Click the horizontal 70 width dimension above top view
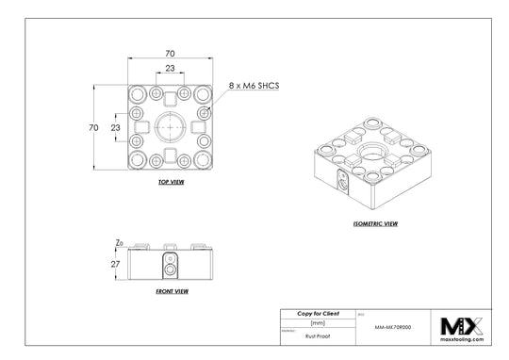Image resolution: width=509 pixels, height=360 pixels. tap(171, 55)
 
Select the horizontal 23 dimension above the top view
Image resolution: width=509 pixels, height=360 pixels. tap(171, 70)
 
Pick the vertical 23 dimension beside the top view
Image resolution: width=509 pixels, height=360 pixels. tap(115, 126)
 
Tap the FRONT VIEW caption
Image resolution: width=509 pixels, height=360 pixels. tap(171, 292)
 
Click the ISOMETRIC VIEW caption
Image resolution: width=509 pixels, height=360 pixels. tap(373, 224)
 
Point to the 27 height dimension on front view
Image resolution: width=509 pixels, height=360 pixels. tap(116, 265)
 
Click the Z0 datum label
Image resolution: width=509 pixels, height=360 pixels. tap(118, 243)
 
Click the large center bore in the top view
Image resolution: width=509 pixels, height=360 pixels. tap(171, 126)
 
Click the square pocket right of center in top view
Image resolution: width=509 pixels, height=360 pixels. tap(199, 126)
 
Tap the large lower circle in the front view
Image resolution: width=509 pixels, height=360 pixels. tap(171, 270)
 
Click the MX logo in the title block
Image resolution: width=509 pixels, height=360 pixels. tap(462, 326)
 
